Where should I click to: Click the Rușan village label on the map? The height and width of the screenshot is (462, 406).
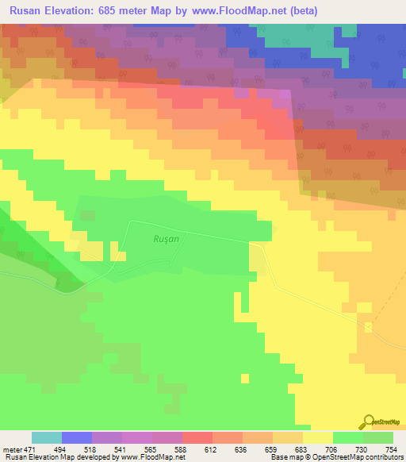tap(166, 237)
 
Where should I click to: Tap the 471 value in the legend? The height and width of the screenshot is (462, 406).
tap(30, 449)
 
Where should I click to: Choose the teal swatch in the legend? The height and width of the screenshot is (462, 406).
tap(47, 437)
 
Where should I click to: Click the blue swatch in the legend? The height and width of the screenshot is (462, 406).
tap(77, 437)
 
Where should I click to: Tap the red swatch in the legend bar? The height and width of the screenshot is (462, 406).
tap(197, 437)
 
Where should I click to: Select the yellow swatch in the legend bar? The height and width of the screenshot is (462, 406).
tap(318, 437)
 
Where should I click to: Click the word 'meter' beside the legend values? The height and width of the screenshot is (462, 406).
tap(12, 449)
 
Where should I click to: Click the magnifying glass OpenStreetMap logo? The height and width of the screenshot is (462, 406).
tap(369, 422)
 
